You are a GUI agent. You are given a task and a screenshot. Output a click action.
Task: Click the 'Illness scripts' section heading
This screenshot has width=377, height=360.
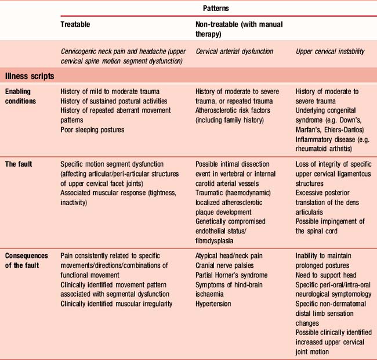tap(30, 75)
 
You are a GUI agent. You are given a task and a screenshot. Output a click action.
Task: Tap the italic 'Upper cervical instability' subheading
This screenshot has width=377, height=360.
tap(330, 51)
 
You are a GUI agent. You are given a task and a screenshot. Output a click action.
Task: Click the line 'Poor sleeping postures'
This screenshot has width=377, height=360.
tap(92, 129)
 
